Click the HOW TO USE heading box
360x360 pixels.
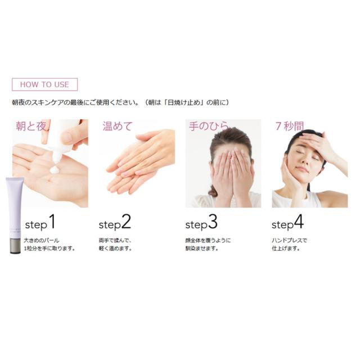point(45,84)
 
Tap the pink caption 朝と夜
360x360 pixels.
point(31,126)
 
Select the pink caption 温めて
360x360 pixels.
point(118,126)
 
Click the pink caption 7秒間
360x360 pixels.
point(290,126)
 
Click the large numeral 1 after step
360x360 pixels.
point(52,222)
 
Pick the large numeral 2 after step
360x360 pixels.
point(126,222)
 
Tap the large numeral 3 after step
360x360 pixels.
point(213,222)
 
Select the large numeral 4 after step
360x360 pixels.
point(299,222)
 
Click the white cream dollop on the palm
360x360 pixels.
point(55,170)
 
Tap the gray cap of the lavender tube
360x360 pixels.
point(15,246)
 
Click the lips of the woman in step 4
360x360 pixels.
point(301,170)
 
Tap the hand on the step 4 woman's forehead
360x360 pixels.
point(317,142)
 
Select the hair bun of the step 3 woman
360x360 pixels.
point(214,192)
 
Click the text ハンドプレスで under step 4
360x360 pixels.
point(289,240)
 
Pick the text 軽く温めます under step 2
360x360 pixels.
point(114,249)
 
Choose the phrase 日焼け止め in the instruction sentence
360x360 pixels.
point(186,102)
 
